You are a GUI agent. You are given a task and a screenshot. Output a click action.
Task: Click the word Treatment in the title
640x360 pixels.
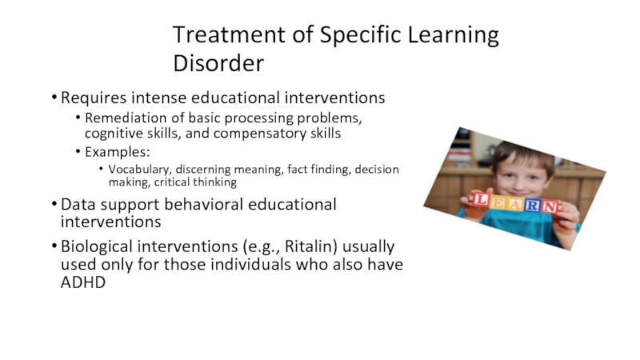coord(229,34)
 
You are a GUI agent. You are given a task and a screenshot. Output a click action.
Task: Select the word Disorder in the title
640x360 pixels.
coord(218,63)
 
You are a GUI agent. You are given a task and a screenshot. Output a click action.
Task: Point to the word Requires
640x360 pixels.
coord(94,98)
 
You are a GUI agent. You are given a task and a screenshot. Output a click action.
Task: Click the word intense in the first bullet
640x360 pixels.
coord(158,98)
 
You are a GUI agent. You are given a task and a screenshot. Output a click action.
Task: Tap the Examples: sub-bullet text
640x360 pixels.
coord(118,152)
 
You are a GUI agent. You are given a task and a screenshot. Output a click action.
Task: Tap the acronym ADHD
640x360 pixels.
coord(83,282)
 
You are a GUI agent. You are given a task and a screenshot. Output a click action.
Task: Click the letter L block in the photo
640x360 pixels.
coord(481,200)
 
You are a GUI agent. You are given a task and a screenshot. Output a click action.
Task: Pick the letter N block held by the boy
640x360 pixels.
coord(550,206)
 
